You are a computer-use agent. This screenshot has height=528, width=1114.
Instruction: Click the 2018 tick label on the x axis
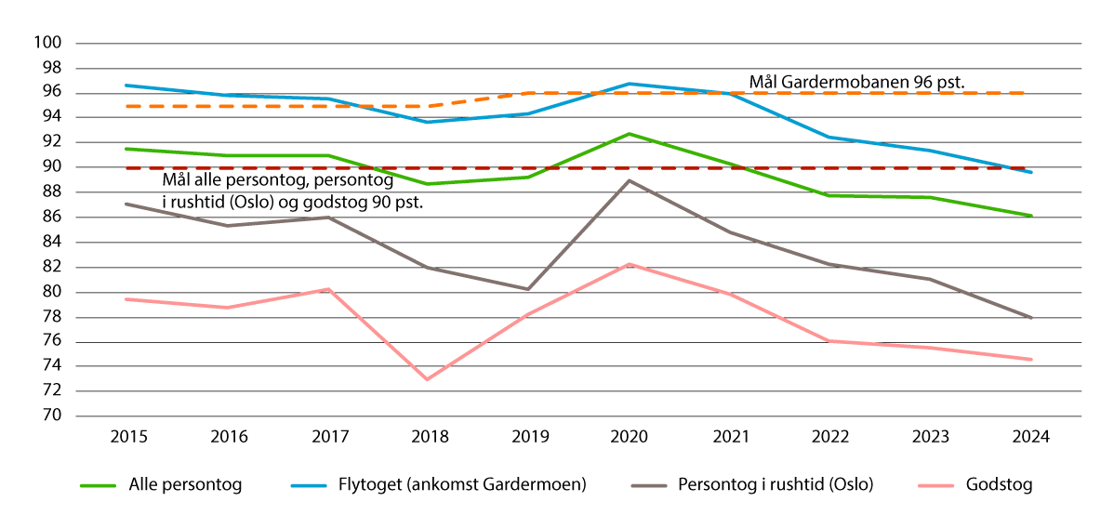point(427,437)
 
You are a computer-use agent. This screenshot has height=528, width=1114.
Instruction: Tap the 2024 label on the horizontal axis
point(1031,437)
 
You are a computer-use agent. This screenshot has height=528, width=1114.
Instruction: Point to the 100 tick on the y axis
point(47,43)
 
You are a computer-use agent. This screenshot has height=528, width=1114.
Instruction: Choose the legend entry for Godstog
point(999,484)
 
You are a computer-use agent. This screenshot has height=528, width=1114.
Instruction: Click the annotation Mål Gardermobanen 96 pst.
point(856,81)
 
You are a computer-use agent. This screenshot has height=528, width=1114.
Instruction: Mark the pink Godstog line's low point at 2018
point(427,379)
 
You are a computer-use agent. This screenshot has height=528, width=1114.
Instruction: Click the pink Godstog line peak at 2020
point(629,264)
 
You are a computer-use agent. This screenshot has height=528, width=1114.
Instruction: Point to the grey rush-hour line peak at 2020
point(629,180)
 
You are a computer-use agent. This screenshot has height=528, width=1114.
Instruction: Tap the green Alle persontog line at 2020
point(629,134)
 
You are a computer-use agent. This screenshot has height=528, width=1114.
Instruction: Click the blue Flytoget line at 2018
point(427,122)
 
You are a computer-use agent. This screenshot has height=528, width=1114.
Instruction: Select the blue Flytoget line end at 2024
point(1031,172)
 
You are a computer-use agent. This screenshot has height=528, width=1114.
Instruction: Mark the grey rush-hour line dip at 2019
point(528,289)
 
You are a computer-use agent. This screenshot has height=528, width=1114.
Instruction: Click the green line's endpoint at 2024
point(1031,216)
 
